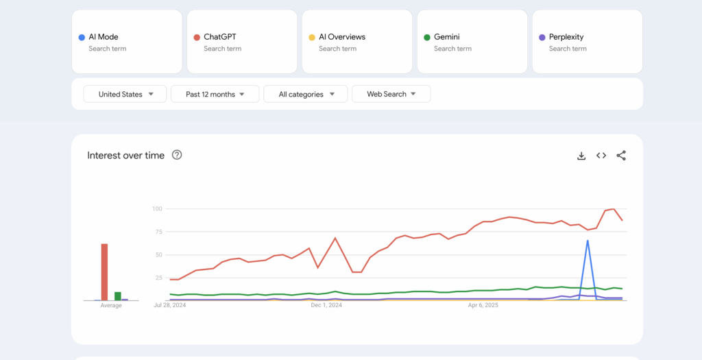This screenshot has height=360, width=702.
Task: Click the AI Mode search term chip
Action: [x=127, y=42]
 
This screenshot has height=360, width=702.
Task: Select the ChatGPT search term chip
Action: [x=242, y=42]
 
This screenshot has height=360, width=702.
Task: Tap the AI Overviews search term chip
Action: [x=357, y=42]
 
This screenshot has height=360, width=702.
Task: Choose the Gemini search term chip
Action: [x=472, y=42]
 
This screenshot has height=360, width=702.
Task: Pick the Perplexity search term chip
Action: [x=588, y=42]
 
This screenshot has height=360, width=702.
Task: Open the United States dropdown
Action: [x=125, y=94]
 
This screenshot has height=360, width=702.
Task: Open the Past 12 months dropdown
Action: [x=215, y=94]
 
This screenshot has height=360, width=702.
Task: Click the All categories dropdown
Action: [x=306, y=94]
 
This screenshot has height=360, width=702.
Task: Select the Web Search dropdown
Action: [x=391, y=94]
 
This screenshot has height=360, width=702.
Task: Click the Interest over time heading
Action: [x=126, y=156]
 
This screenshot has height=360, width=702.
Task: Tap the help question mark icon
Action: [x=177, y=155]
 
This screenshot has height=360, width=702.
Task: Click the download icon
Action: [x=581, y=156]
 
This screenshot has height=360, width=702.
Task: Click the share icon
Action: [x=621, y=156]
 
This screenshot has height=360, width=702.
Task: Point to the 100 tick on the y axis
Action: [x=157, y=208]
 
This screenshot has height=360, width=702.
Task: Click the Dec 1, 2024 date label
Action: [x=326, y=305]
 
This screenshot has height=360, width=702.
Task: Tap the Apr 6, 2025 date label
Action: [x=483, y=305]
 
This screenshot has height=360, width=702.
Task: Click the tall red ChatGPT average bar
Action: [x=104, y=272]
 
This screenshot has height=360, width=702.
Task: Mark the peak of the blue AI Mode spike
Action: [x=588, y=240]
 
